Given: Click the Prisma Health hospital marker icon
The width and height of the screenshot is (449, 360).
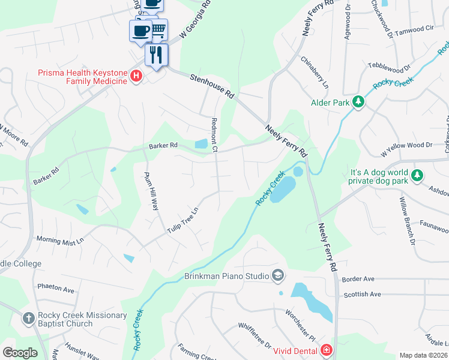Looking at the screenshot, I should click(x=137, y=76).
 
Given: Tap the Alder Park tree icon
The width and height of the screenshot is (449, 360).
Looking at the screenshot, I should click(x=358, y=103).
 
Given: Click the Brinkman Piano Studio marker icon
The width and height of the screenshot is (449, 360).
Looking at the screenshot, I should click(x=277, y=276).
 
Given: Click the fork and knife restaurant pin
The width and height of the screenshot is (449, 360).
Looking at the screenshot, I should click(x=156, y=55).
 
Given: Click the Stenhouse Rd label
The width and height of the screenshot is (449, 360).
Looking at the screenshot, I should click(x=211, y=86).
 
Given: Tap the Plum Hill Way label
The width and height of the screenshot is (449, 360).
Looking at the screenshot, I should click(x=151, y=191).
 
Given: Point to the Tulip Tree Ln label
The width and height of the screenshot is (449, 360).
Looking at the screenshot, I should click(x=183, y=220).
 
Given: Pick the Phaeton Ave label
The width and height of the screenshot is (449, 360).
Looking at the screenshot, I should click(x=55, y=289).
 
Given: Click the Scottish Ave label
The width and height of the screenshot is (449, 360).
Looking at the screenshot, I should click(x=362, y=295).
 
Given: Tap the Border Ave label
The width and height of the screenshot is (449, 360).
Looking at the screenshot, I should click(x=358, y=279).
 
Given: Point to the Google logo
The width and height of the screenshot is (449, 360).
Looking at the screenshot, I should click(x=20, y=353).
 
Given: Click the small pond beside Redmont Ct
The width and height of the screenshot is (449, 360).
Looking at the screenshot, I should click(x=201, y=144).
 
